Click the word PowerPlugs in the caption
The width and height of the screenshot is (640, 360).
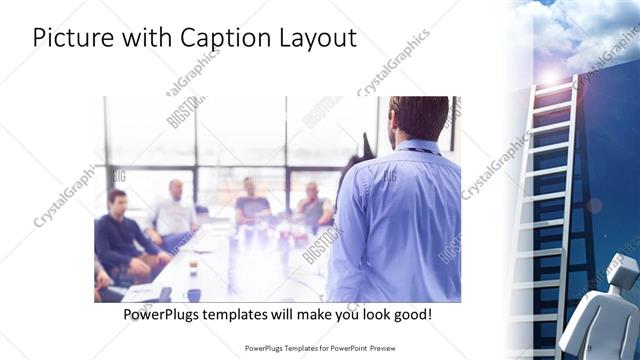[159, 314]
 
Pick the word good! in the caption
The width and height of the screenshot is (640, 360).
[411, 314]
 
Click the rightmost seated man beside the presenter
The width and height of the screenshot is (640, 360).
[314, 204]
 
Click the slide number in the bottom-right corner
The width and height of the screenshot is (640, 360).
[590, 347]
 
